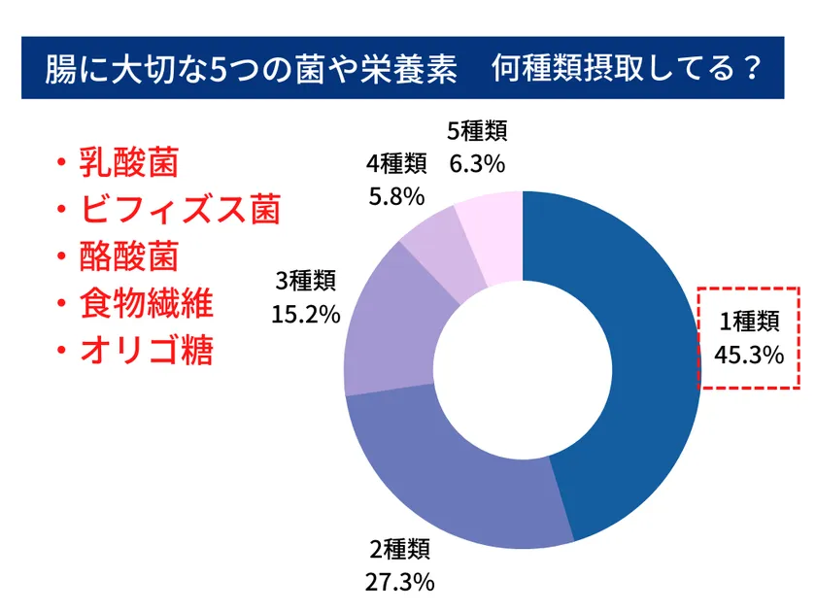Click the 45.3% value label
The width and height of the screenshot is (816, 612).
(748, 355)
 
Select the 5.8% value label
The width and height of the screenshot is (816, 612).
(396, 195)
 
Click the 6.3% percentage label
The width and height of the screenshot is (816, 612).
(477, 164)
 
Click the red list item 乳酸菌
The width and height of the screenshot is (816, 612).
(129, 162)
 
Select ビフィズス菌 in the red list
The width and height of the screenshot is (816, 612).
(180, 209)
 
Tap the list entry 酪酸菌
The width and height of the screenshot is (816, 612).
(129, 255)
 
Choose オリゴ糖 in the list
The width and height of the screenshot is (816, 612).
(147, 349)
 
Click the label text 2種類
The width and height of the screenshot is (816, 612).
(399, 550)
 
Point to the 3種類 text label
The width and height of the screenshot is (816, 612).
(306, 282)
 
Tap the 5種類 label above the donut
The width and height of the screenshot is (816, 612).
(477, 131)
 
